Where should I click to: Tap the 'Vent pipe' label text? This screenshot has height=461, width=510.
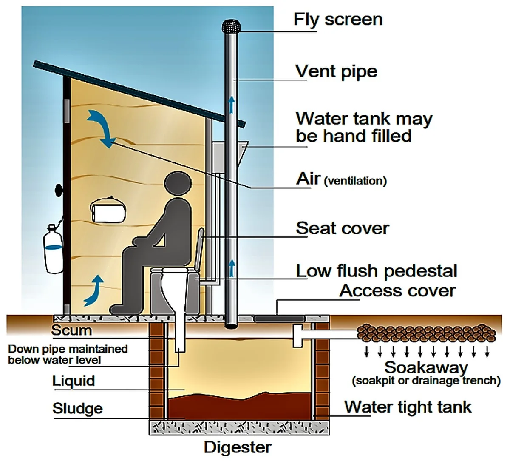tap(336, 71)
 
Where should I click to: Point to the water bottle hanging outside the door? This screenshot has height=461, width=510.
tap(53, 249)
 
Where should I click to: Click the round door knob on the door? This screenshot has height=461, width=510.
tap(59, 190)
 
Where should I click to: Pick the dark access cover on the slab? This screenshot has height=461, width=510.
tap(280, 319)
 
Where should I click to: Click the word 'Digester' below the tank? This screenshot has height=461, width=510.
tap(238, 447)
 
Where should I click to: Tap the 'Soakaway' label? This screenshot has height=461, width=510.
tap(426, 367)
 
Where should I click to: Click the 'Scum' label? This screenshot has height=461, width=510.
tap(71, 330)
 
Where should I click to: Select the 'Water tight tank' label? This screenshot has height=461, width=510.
tap(408, 407)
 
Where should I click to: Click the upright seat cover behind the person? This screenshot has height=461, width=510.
tap(199, 249)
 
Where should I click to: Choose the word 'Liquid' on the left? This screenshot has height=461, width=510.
tap(74, 381)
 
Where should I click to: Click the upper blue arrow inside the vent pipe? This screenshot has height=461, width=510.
tap(231, 105)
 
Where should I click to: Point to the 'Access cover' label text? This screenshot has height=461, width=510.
tap(397, 290)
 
